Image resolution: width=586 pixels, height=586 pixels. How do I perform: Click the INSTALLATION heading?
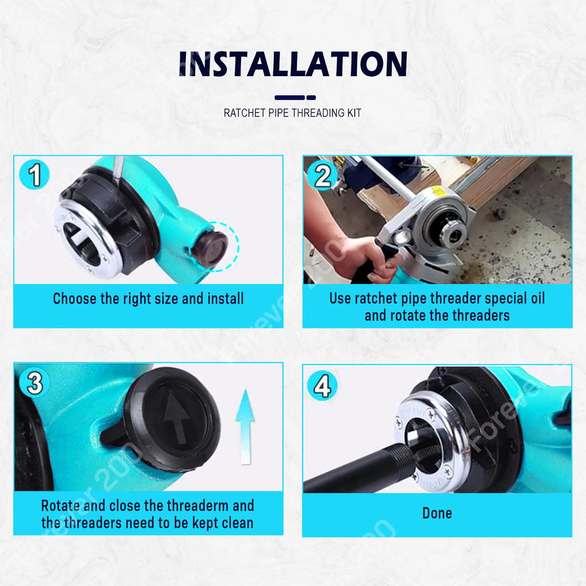click(293, 64)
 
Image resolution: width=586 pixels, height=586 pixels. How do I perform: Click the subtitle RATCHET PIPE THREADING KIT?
click(292, 113)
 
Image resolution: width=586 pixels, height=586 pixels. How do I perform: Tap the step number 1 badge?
click(34, 174)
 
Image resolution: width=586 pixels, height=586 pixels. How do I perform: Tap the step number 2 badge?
click(322, 176)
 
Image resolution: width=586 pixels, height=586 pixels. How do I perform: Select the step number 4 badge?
click(322, 385)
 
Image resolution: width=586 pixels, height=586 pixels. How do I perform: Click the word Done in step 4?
click(437, 513)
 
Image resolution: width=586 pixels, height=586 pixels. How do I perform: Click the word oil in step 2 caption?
click(537, 298)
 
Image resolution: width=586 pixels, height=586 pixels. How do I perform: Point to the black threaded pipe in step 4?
click(359, 470)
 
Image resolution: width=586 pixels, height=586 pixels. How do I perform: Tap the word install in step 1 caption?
click(225, 299)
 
